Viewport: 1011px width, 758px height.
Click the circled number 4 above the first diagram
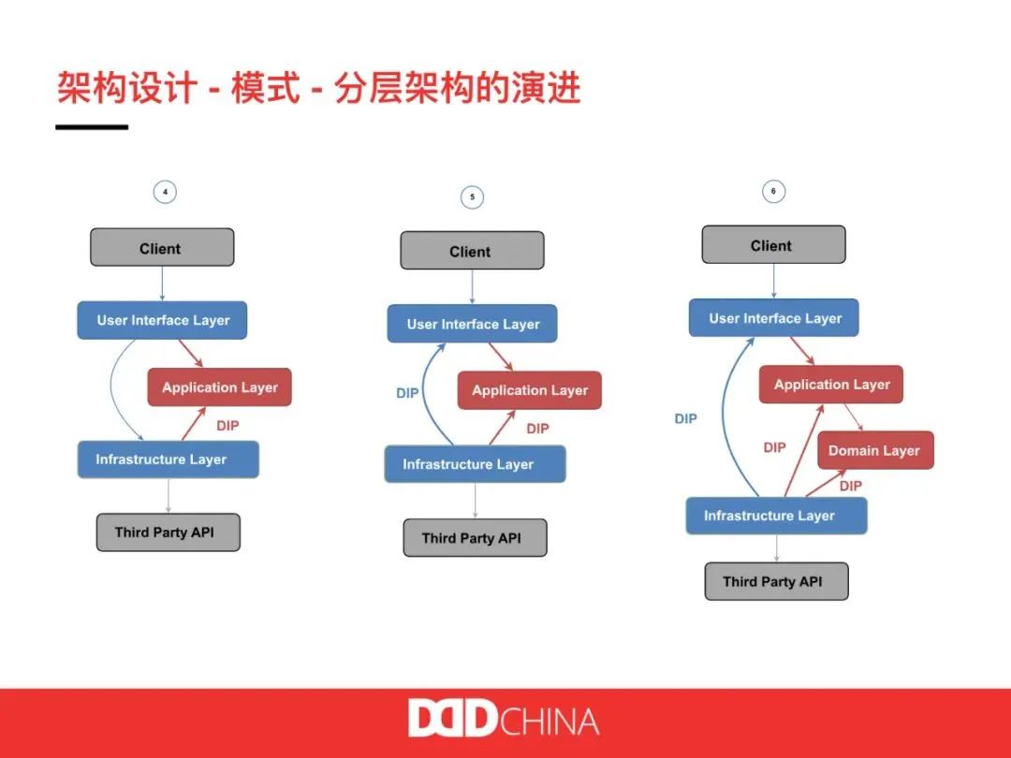165,193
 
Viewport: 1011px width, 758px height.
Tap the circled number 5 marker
472,197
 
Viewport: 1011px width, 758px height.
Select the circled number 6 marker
773,192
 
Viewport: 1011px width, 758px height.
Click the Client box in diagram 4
161,248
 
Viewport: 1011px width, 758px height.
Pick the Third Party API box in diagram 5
474,538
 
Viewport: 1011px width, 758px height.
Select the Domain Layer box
874,450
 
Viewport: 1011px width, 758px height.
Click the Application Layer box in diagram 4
219,387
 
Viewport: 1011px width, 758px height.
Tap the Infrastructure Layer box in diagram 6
775,516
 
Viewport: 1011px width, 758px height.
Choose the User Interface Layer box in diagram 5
472,324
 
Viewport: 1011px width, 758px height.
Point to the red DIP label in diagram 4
227,426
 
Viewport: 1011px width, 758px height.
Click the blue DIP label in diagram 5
407,393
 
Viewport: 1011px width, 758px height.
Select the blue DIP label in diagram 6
685,419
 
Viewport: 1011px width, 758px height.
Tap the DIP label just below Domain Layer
850,487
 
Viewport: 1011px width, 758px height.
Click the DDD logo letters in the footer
452,719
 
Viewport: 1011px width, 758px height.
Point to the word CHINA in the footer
549,721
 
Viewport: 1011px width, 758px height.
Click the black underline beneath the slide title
92,126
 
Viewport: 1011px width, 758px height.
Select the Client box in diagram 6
773,245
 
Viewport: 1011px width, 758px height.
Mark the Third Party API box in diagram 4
168,532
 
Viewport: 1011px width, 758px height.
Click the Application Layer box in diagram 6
831,385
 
